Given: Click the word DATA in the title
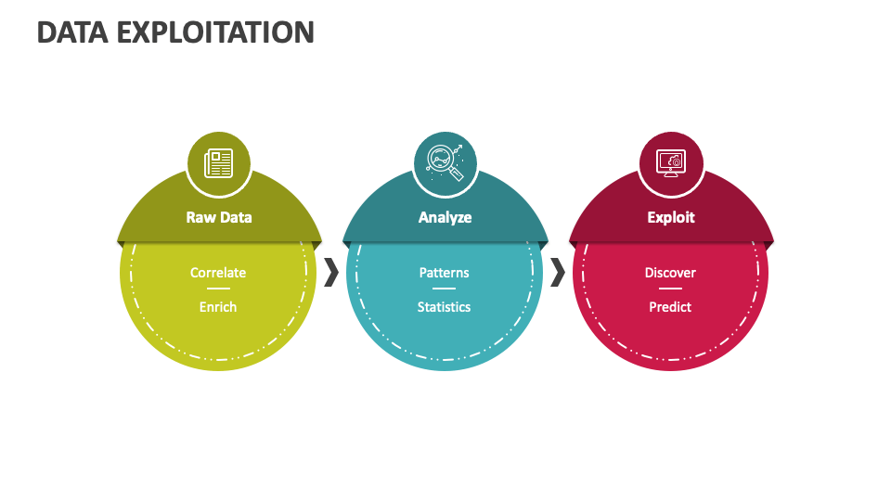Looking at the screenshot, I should point(71,32).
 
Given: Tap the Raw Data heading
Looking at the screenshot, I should point(219,217).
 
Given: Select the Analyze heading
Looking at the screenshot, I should point(445,217).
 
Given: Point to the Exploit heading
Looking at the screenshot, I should point(670,217).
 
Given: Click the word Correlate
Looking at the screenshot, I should point(218,273).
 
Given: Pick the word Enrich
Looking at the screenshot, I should point(218,307).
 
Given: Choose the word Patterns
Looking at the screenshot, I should point(444,273).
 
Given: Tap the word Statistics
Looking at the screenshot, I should point(444,307).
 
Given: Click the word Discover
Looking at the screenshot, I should point(670,273).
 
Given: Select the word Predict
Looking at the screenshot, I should point(670,307).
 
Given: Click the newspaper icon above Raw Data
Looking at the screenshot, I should point(219,163).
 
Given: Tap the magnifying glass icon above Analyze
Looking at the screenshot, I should point(445,163).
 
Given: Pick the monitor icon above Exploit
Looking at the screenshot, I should point(670,163).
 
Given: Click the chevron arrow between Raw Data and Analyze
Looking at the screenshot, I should point(331,273).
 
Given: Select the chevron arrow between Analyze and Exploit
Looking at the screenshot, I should point(557,273).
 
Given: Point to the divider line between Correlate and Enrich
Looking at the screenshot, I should point(218,289).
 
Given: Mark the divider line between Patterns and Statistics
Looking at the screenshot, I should point(444,289).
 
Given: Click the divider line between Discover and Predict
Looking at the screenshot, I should point(670,289).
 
